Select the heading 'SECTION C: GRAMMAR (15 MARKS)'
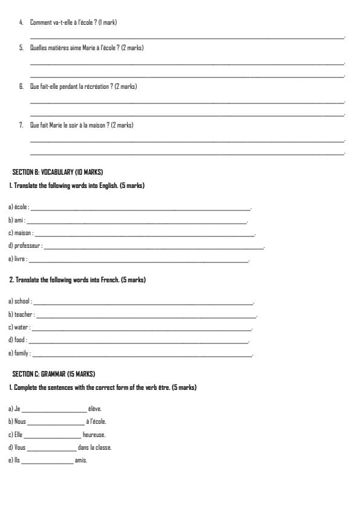tap(54, 374)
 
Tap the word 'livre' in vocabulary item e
tap(19, 259)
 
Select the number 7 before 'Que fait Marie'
tap(21, 125)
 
